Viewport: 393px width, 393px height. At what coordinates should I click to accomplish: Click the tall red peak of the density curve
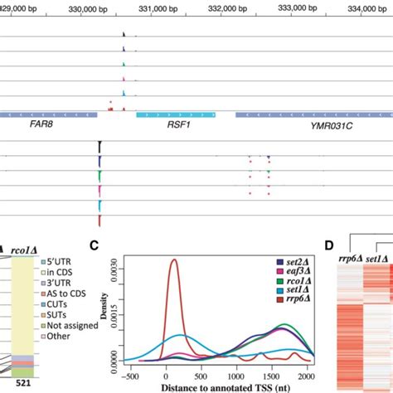pos(174,261)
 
